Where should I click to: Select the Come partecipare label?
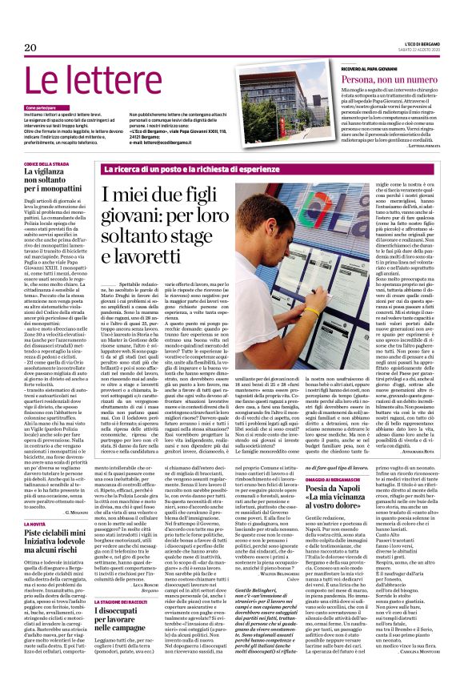(x=41, y=107)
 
